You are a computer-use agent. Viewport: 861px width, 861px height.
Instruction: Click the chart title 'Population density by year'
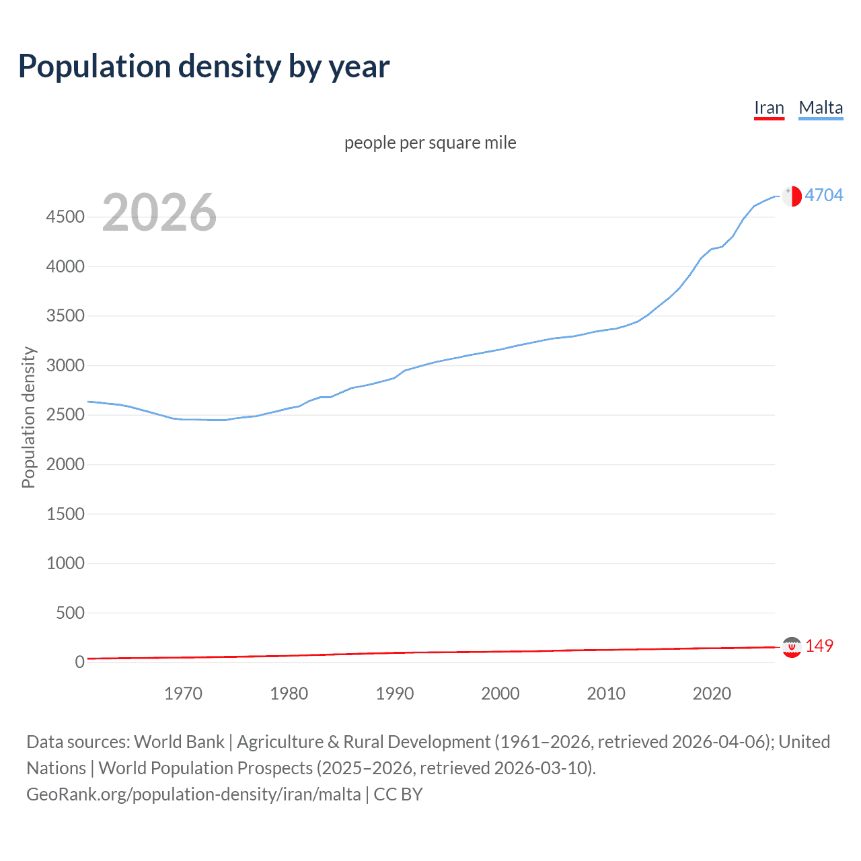(x=203, y=67)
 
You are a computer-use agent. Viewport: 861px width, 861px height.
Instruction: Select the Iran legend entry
(x=769, y=108)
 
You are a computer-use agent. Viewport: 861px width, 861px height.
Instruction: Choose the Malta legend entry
(x=821, y=108)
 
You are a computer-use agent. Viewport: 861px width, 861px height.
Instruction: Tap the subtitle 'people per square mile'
(x=430, y=143)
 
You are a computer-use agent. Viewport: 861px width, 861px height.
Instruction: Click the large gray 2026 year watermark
(x=159, y=213)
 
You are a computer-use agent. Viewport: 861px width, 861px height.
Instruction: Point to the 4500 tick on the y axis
(x=65, y=217)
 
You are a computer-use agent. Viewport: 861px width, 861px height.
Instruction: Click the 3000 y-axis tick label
(x=65, y=366)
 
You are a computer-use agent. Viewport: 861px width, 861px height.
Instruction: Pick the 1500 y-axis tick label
(x=65, y=514)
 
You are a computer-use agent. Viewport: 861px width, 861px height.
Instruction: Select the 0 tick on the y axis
(x=79, y=662)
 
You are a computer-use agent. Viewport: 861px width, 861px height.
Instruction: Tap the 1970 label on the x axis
(x=183, y=694)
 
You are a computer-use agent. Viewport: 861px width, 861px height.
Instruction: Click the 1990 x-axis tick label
(x=395, y=694)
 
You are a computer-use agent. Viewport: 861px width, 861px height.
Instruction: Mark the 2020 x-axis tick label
(x=712, y=694)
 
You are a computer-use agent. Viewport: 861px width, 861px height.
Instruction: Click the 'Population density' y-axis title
(x=28, y=417)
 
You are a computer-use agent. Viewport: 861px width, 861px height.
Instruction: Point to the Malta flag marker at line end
(x=792, y=196)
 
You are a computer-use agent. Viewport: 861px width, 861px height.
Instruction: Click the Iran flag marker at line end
(x=792, y=647)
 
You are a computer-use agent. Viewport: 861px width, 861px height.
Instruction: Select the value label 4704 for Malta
(x=823, y=195)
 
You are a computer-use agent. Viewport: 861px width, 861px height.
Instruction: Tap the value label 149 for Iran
(x=819, y=646)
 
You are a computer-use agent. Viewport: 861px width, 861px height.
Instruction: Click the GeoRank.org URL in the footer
(x=194, y=794)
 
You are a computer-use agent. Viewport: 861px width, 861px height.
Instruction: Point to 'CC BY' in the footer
(x=398, y=794)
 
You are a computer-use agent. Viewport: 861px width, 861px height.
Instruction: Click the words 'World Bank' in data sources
(x=179, y=742)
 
